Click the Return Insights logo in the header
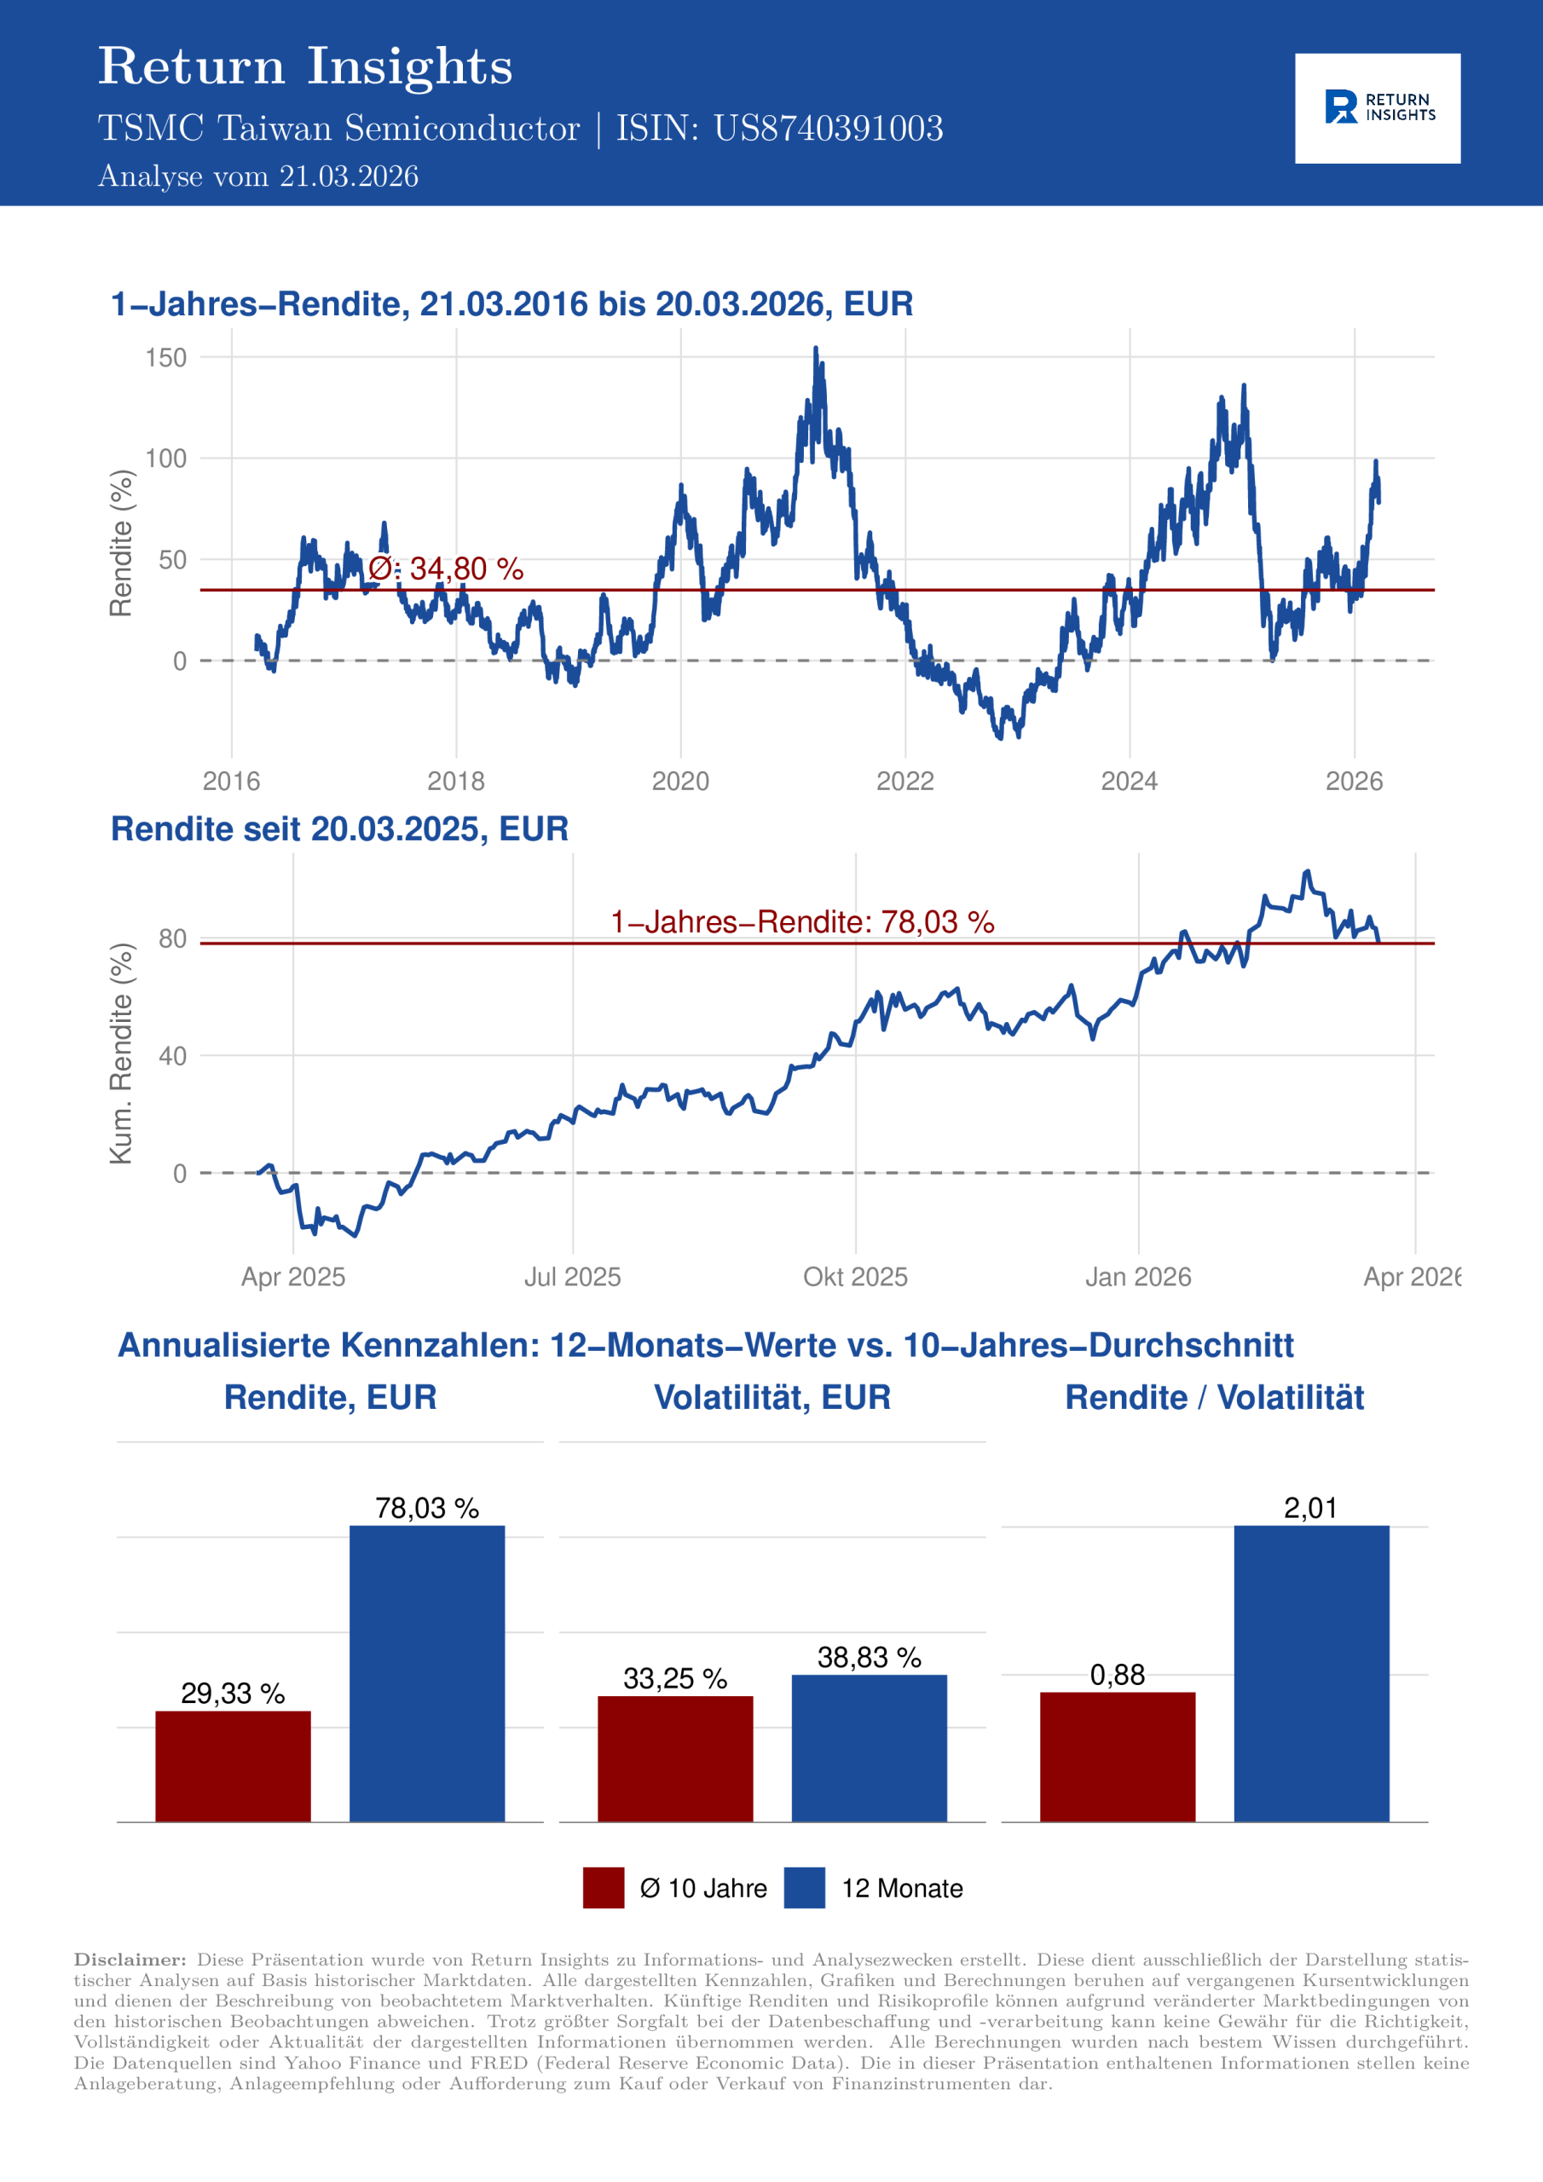point(1378,108)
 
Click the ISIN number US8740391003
point(828,129)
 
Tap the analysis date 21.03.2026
point(348,176)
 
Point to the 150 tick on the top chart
point(165,358)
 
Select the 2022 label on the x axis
point(904,782)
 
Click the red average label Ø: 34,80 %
point(446,569)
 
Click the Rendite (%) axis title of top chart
point(121,543)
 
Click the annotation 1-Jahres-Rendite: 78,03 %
point(801,922)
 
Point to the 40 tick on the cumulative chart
point(172,1056)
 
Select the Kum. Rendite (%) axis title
point(121,1053)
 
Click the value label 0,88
point(1117,1675)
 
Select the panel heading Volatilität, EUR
point(772,1397)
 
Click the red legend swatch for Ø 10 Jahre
point(603,1887)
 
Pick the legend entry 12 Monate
point(901,1888)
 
